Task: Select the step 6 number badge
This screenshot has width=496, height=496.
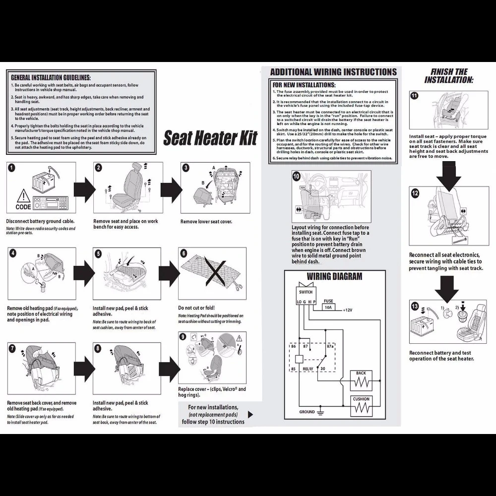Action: click(184, 253)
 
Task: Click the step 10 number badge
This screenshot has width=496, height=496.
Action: click(297, 176)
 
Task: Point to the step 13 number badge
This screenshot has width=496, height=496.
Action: click(415, 306)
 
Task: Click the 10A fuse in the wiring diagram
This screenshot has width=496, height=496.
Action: click(328, 307)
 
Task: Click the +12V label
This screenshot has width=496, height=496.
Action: click(348, 310)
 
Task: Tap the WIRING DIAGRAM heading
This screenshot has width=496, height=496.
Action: click(334, 276)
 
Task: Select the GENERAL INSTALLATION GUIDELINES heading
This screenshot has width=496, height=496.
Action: click(51, 78)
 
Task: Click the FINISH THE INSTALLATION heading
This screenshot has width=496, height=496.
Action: click(449, 76)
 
